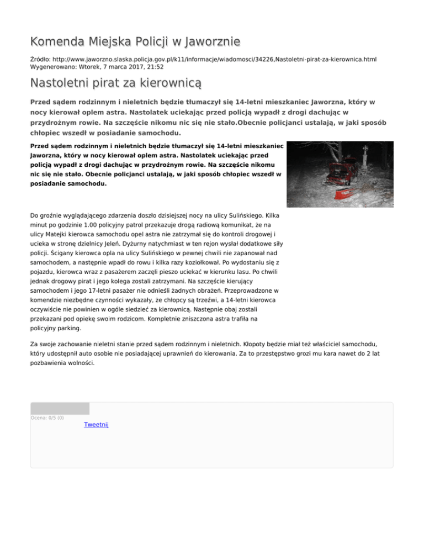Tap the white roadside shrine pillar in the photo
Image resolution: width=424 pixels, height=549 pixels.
click(365, 160)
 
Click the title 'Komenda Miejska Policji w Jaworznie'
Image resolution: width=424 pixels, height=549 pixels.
click(135, 41)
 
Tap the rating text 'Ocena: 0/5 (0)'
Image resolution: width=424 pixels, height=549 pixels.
click(47, 418)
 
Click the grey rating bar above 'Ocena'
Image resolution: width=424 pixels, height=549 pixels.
click(60, 409)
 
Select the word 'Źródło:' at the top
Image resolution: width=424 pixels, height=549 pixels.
click(41, 58)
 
